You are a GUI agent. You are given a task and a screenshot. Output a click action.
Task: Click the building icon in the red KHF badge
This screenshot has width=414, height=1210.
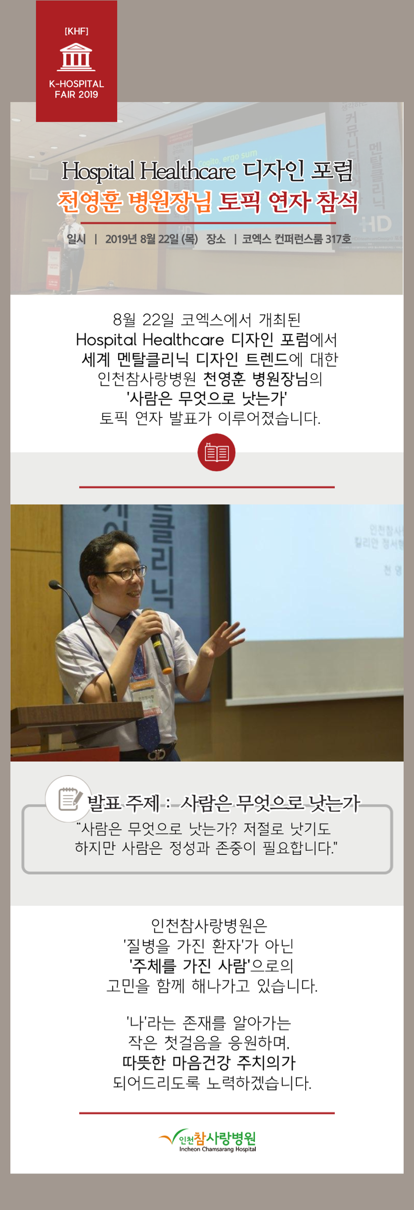coord(76,56)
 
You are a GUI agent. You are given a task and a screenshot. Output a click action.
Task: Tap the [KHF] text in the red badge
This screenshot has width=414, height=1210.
coord(76,31)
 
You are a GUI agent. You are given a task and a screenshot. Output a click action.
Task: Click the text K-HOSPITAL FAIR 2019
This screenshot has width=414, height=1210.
coord(76,89)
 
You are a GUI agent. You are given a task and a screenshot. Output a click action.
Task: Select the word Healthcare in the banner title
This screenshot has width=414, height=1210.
coord(187,171)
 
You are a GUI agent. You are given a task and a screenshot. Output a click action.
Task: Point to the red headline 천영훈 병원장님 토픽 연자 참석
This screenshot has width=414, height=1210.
coord(207,202)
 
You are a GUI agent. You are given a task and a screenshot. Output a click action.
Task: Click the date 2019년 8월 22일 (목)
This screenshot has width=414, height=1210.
coord(151,239)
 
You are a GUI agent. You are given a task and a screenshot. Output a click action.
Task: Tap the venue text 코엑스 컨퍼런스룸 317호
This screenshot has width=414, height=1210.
coord(296,239)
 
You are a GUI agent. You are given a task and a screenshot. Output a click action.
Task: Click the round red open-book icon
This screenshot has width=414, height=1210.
coord(216,452)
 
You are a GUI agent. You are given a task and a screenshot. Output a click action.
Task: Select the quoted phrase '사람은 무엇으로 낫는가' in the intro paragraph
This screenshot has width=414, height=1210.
coord(207,398)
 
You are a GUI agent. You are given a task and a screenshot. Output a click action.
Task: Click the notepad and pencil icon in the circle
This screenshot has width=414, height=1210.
coord(69,798)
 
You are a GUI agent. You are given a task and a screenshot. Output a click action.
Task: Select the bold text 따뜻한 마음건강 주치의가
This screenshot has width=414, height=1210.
coord(209,1062)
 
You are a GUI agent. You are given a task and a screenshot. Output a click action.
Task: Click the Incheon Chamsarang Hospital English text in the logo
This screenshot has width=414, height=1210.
coord(218,1149)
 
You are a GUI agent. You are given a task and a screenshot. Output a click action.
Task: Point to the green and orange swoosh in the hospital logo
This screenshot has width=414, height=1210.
coord(171,1137)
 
